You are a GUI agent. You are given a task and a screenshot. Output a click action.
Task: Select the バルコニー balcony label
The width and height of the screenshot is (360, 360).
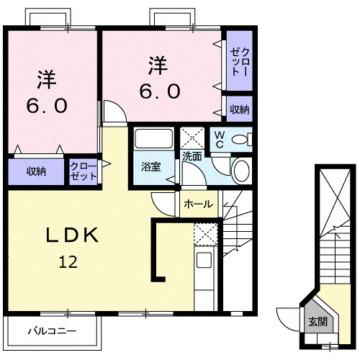pyautogui.click(x=52, y=332)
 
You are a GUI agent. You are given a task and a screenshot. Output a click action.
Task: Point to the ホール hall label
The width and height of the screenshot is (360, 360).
pyautogui.click(x=198, y=204)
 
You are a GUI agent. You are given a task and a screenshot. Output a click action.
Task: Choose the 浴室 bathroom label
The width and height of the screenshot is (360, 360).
pyautogui.click(x=150, y=167)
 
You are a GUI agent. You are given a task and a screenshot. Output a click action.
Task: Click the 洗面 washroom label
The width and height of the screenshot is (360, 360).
pyautogui.click(x=192, y=156)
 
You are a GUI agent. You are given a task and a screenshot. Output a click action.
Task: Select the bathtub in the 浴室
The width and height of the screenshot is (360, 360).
pyautogui.click(x=153, y=139)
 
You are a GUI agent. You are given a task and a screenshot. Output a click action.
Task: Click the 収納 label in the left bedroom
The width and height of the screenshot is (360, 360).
pyautogui.click(x=37, y=171)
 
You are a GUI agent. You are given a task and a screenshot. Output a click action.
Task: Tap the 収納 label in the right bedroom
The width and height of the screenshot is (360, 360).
pyautogui.click(x=240, y=109)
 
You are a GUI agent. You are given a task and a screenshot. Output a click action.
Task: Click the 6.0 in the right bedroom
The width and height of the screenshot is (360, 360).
pyautogui.click(x=159, y=92)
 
